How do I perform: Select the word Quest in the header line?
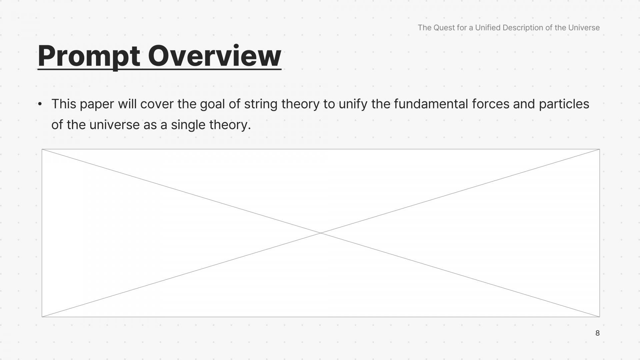pos(444,28)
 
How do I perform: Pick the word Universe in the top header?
pos(584,28)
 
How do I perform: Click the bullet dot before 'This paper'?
pos(40,104)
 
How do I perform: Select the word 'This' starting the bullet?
pos(64,104)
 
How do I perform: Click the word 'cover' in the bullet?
pos(157,104)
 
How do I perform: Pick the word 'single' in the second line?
pos(188,125)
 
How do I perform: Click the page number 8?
pos(597,333)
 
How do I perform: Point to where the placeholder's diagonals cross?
pos(321,233)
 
